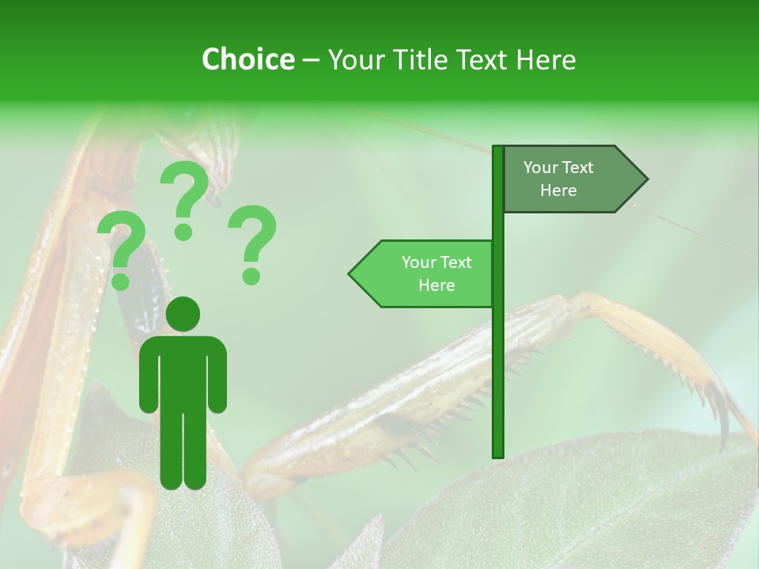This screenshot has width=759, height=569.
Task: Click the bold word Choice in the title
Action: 247,60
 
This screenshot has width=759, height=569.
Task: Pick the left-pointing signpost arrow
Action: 423,273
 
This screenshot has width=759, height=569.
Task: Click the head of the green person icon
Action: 183,314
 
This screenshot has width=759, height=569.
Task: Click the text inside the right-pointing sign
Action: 558,179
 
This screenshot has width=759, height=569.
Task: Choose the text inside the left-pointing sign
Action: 436,273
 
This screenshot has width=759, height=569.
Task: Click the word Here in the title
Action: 546,60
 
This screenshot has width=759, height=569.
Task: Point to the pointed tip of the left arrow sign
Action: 350,274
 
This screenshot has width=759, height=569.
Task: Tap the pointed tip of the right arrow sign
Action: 646,179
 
